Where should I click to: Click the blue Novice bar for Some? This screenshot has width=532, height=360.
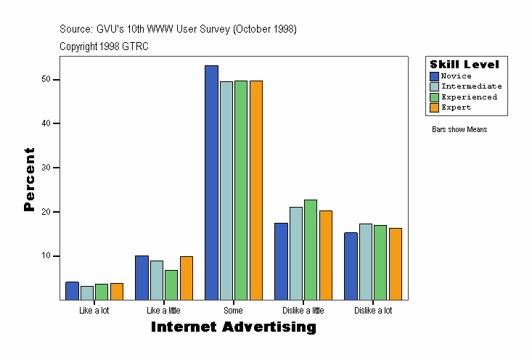(211, 182)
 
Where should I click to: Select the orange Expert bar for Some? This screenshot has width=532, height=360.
(255, 190)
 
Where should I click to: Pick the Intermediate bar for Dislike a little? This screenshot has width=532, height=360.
(296, 253)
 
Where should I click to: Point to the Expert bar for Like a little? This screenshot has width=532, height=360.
(186, 278)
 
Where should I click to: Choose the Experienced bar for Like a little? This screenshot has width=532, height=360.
(171, 285)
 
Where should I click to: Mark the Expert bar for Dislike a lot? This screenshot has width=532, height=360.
(395, 263)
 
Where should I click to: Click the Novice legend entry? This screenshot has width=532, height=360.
(456, 76)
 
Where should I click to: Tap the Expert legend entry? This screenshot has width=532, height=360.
(456, 107)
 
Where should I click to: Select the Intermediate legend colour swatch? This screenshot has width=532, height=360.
(434, 86)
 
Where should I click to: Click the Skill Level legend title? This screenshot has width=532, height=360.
(465, 65)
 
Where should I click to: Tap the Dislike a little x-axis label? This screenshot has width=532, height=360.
(303, 311)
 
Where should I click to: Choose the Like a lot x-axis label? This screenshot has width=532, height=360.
(94, 311)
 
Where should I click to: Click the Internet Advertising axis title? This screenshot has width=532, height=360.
(234, 327)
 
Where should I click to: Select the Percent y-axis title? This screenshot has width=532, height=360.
(29, 179)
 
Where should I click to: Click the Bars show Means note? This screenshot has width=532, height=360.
(459, 130)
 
